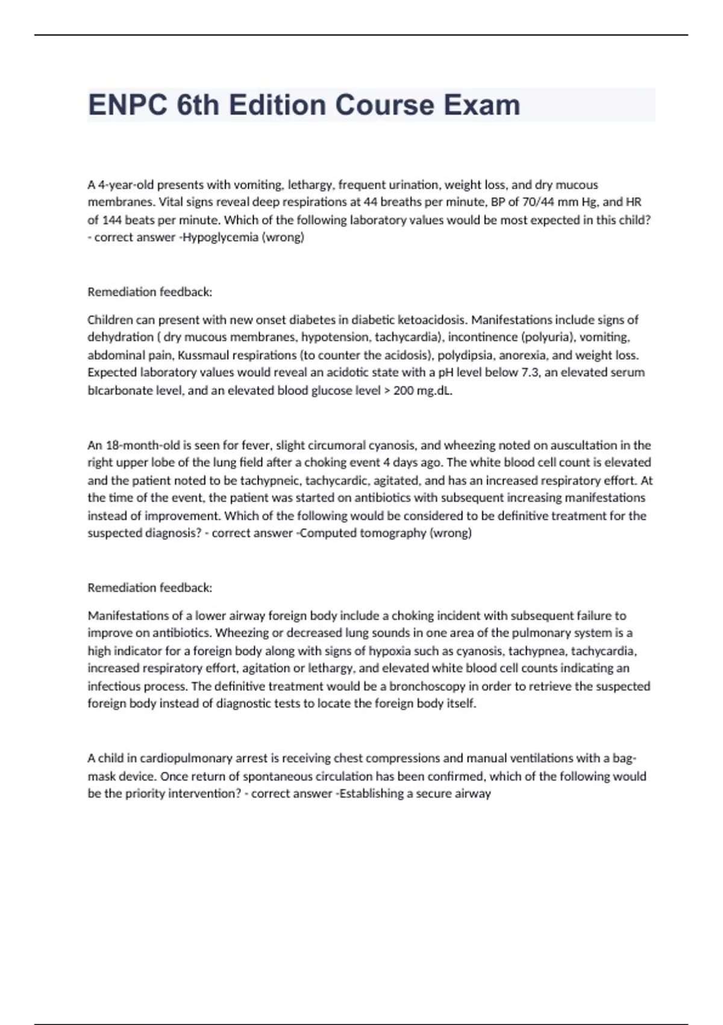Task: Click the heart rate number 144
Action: pyautogui.click(x=111, y=220)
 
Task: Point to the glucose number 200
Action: pyautogui.click(x=403, y=390)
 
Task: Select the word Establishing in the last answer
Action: pyautogui.click(x=372, y=793)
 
